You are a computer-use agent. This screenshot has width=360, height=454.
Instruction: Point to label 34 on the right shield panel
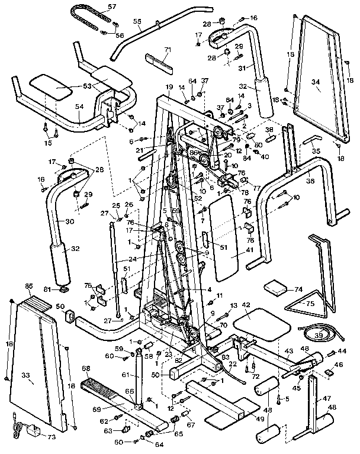click(316, 89)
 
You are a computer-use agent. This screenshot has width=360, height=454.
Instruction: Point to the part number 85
click(28, 286)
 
